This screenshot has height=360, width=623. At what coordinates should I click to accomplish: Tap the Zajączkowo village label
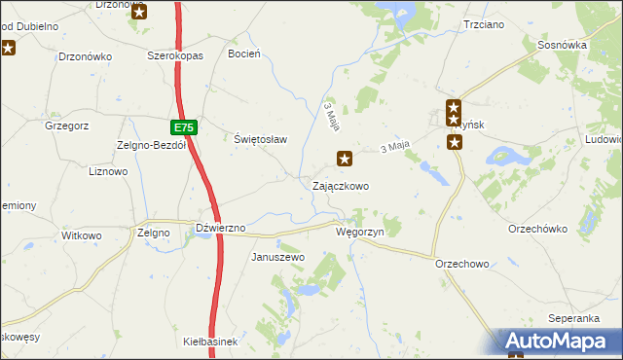(x=340, y=185)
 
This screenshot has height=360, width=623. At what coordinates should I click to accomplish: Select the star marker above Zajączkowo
(x=345, y=158)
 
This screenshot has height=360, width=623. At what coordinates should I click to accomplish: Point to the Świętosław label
(x=261, y=139)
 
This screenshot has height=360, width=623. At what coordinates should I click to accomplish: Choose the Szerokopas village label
(x=174, y=56)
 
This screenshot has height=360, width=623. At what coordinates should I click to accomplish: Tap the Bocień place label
(x=243, y=54)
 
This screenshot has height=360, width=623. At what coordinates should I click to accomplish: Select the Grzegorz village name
(x=67, y=125)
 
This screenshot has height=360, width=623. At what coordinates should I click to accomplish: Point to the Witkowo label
(x=82, y=235)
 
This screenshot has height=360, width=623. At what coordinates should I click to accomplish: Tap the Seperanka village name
(x=572, y=318)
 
